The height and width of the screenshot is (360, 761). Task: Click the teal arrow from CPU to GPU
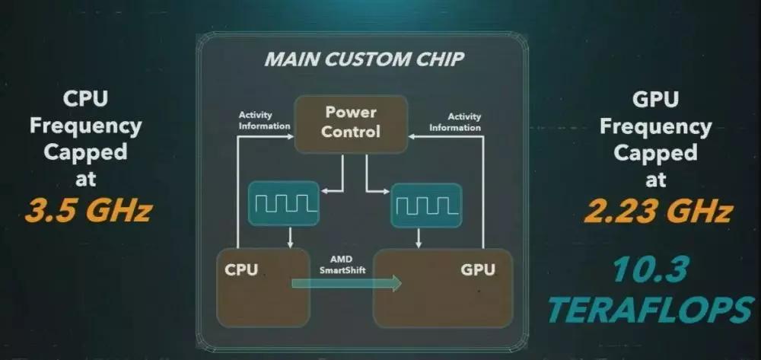coord(346,283)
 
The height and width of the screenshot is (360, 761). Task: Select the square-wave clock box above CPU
coord(282,203)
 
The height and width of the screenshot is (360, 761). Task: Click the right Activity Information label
coord(456,122)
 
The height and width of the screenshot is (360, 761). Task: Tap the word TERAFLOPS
coord(651,310)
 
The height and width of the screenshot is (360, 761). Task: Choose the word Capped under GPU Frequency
coord(655,152)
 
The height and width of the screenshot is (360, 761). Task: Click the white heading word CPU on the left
coord(84,98)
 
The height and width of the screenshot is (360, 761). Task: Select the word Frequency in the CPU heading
coord(84,126)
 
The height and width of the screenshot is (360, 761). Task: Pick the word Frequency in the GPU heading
coord(655,126)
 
